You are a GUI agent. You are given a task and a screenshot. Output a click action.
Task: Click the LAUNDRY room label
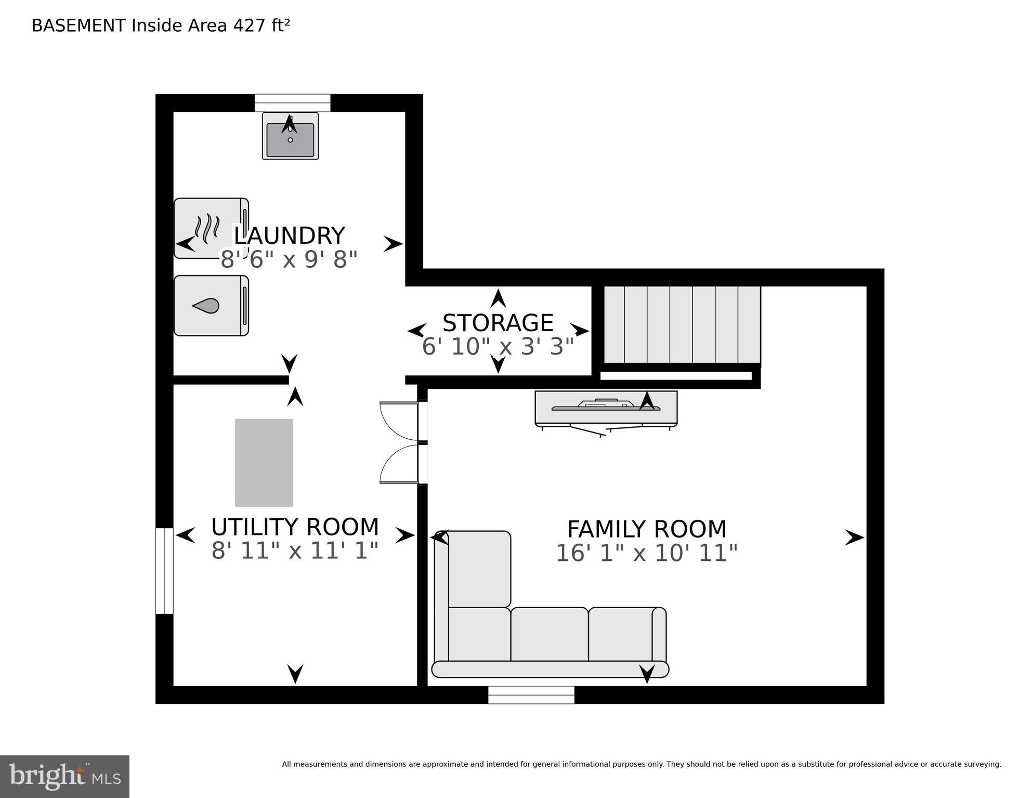(x=289, y=236)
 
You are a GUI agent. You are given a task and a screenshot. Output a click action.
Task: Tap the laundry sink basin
(x=290, y=140)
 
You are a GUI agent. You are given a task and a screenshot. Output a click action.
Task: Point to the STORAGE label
(x=498, y=323)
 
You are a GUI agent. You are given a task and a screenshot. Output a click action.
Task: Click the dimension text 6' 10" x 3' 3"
(x=498, y=347)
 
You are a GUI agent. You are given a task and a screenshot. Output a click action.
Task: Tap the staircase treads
(x=682, y=324)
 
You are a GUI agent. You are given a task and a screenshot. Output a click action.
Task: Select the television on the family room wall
(x=606, y=407)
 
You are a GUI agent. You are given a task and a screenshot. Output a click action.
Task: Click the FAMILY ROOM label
(x=646, y=529)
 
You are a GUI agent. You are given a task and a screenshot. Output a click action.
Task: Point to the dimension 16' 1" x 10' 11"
(x=646, y=553)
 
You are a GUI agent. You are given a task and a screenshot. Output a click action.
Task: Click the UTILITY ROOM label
(x=295, y=527)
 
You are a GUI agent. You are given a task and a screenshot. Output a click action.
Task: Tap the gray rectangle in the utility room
(x=264, y=462)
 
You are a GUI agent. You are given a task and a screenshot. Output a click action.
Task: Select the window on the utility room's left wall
(x=164, y=571)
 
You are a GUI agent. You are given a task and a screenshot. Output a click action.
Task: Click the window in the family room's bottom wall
(x=531, y=695)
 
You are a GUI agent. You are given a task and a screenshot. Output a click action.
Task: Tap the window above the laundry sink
(x=292, y=102)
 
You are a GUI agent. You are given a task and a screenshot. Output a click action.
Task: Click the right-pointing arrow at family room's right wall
(x=854, y=537)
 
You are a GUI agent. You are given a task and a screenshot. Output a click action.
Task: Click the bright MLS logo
(x=64, y=776)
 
